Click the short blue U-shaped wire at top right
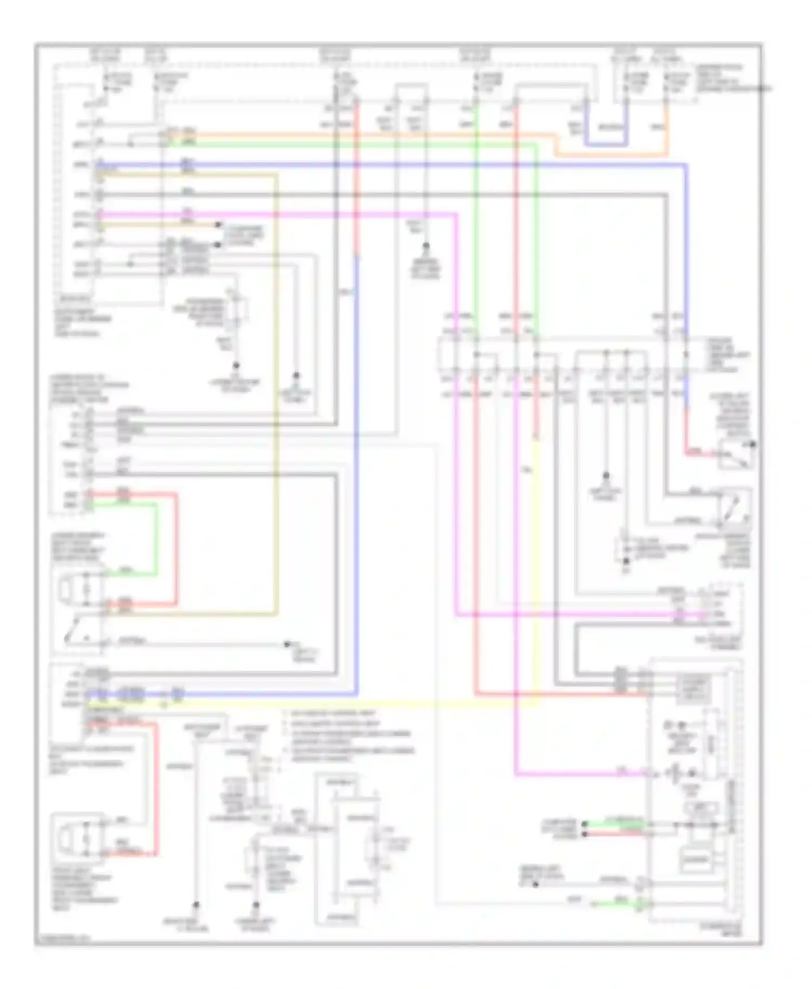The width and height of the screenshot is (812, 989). (x=606, y=145)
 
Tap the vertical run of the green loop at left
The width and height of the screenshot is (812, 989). (x=157, y=538)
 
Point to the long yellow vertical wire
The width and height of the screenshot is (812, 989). (x=536, y=568)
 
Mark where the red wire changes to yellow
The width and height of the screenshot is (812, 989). (x=535, y=439)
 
